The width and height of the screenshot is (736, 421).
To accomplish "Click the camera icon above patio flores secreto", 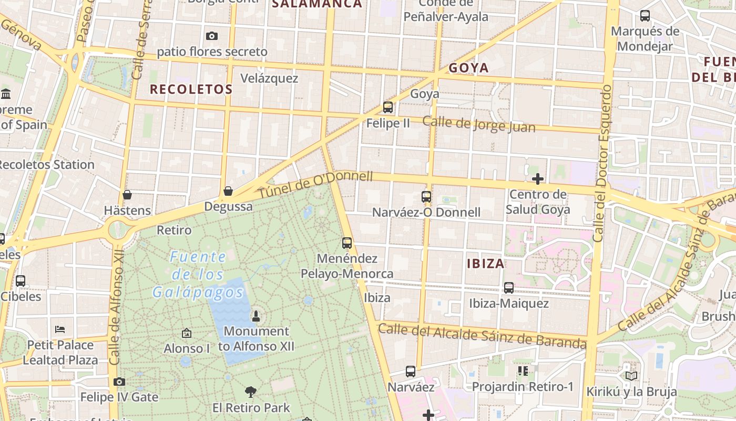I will (x=212, y=36).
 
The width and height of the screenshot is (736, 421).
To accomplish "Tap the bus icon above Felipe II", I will (x=388, y=107).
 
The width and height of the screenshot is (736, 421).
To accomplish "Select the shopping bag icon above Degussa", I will (x=228, y=191).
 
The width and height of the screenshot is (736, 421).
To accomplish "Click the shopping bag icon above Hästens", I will (x=127, y=195).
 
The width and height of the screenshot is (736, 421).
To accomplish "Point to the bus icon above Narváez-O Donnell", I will (x=426, y=197).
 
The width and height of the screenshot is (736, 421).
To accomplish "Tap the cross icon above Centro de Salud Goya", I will (x=537, y=179).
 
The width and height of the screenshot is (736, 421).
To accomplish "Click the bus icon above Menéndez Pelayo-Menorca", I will (x=347, y=243).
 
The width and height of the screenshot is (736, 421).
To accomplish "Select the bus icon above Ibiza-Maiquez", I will (x=509, y=288).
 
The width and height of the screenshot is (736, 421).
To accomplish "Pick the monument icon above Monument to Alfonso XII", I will (x=256, y=316).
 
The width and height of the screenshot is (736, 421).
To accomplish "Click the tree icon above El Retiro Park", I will (x=251, y=392).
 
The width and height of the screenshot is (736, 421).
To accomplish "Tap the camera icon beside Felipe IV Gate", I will (x=119, y=382).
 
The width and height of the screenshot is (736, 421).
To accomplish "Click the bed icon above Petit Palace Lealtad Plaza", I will (x=60, y=329).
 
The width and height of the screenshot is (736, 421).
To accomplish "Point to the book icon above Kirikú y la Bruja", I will (x=631, y=376).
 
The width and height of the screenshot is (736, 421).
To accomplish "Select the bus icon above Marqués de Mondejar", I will (x=645, y=16).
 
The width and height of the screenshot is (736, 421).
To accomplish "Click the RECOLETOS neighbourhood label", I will (x=191, y=89).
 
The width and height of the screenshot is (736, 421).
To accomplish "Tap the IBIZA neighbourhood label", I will (x=486, y=263).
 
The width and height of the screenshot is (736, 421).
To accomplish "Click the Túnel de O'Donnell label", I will (x=315, y=186).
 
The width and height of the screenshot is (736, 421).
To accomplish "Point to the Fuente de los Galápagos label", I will (x=198, y=274).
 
